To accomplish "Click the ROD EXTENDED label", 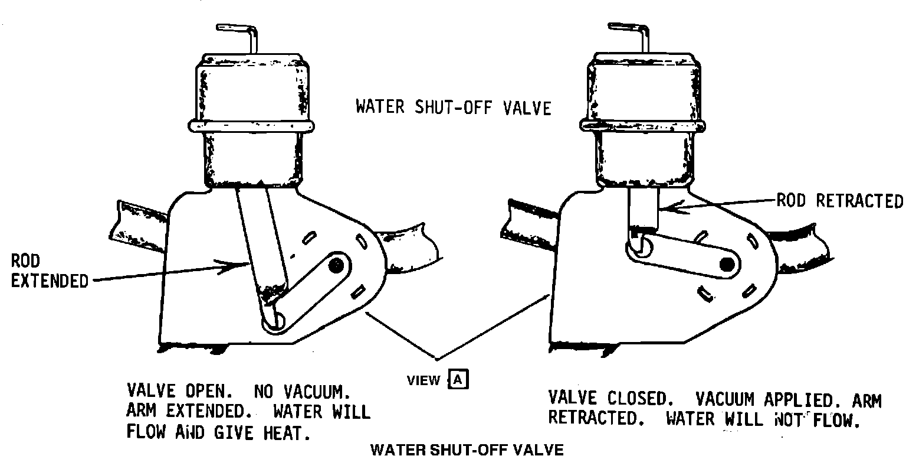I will [x=49, y=271].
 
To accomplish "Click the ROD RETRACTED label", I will [x=839, y=201].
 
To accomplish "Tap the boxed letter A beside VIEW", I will [x=459, y=379].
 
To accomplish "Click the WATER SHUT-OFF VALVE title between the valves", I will [x=453, y=108].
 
